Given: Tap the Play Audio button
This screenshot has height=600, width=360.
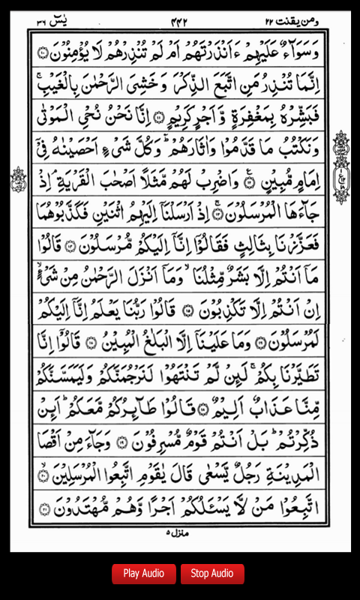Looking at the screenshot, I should pyautogui.click(x=144, y=574).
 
